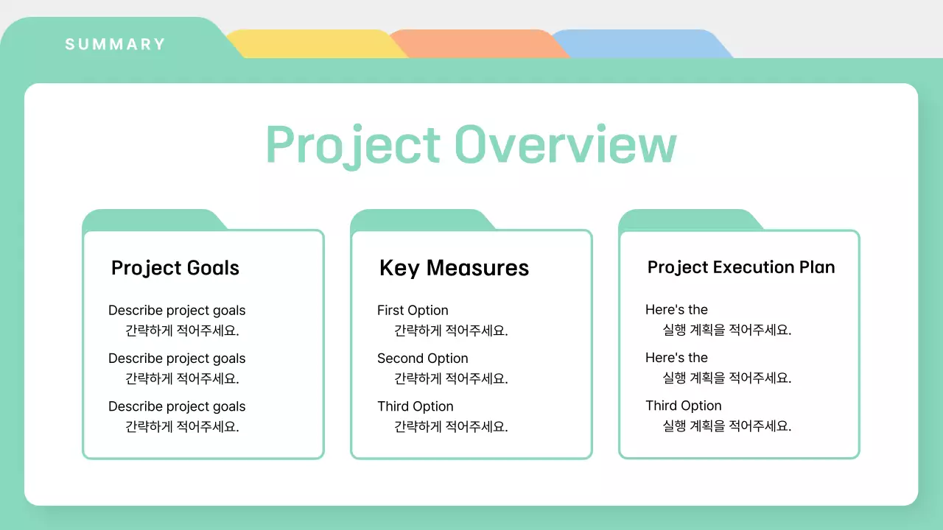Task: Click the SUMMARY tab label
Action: (x=115, y=44)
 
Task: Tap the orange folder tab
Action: (x=478, y=43)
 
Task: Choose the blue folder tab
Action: (x=641, y=43)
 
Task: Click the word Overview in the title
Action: (x=565, y=144)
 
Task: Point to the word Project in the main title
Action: (x=353, y=146)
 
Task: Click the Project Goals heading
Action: (x=175, y=268)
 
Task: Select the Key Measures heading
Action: (x=454, y=268)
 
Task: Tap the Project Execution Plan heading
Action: (x=741, y=267)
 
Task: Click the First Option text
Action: (x=413, y=311)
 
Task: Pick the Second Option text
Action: (x=422, y=358)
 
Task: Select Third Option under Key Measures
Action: (x=415, y=406)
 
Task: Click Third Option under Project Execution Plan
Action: (x=683, y=406)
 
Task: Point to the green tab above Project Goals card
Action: (x=154, y=220)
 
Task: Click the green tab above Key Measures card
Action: (x=422, y=220)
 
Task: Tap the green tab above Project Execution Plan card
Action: (x=690, y=220)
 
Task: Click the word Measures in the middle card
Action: (x=477, y=268)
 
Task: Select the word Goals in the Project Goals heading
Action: (x=213, y=268)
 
